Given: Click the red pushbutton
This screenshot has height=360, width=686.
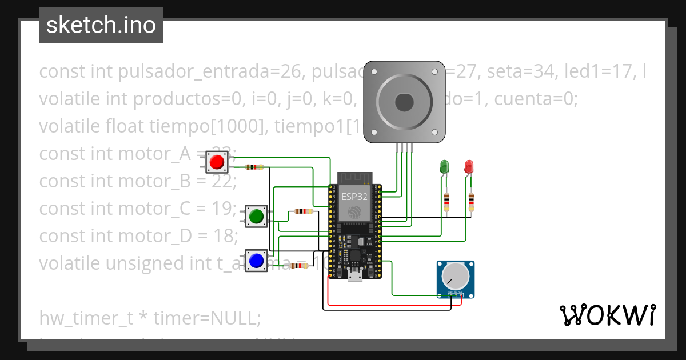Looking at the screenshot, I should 217,162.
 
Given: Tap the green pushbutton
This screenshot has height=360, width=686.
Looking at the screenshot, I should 256,215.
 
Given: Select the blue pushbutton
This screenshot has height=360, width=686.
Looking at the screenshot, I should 256,261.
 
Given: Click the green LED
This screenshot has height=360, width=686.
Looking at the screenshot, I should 444,167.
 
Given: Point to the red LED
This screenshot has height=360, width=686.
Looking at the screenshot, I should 469,167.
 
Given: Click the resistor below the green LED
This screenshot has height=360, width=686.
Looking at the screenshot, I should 446,202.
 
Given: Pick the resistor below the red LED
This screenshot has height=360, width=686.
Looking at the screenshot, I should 471,202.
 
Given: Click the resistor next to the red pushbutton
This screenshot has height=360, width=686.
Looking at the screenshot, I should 254,167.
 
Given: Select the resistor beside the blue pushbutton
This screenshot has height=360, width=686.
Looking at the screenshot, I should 300,266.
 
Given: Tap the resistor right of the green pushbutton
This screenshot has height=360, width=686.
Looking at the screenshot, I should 303,211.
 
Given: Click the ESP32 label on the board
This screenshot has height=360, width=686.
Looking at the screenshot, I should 354,197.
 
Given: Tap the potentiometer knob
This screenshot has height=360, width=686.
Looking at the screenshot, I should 455,278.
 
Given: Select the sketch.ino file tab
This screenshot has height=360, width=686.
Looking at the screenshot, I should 101,25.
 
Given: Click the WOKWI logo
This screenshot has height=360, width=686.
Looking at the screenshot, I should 607,315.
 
